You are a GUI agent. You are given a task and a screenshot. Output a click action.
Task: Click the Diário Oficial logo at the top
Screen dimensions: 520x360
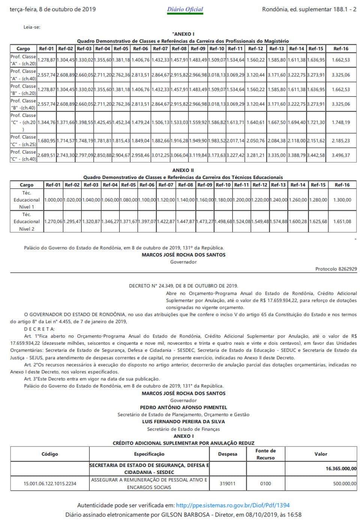tap(185, 10)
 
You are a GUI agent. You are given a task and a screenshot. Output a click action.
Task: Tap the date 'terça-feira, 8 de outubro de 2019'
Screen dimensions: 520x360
tap(52, 9)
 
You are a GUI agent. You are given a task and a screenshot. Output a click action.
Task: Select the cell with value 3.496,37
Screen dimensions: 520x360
tap(340, 155)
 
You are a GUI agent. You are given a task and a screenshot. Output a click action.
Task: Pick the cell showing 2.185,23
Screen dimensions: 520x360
tap(340, 141)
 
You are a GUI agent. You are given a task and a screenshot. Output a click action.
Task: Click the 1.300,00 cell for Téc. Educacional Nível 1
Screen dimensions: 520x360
tap(342, 200)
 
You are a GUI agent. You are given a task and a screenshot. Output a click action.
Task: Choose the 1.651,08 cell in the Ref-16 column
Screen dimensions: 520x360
tap(342, 222)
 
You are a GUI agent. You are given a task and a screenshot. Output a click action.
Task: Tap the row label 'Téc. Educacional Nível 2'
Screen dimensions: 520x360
tap(27, 222)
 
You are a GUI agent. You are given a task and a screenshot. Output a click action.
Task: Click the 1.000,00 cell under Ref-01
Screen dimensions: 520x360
tap(53, 200)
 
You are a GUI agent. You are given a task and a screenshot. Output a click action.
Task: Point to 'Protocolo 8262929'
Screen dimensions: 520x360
tap(336, 269)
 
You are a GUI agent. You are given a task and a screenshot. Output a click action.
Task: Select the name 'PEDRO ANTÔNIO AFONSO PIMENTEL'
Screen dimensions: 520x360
tap(183, 407)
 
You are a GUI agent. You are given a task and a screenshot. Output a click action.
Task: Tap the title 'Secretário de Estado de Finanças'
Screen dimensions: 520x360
tap(183, 429)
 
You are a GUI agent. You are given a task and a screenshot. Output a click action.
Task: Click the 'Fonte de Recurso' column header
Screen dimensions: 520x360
tap(265, 454)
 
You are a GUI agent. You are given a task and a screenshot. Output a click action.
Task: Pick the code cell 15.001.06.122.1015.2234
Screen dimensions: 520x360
tap(50, 484)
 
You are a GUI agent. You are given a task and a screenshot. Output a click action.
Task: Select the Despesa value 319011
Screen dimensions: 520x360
tap(228, 484)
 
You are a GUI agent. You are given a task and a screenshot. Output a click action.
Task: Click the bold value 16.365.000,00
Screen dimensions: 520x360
tap(341, 469)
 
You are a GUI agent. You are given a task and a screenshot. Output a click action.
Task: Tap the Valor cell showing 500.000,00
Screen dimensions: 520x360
tap(345, 484)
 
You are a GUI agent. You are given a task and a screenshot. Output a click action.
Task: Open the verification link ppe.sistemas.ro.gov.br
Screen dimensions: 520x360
tap(232, 505)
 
